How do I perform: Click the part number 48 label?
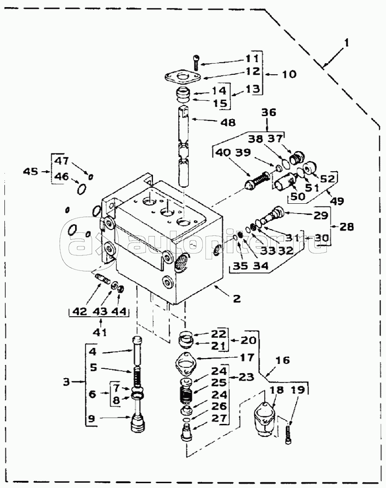tap(228, 122)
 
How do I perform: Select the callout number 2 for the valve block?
tap(237, 298)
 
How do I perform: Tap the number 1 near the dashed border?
tap(346, 42)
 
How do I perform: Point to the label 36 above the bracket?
tap(269, 112)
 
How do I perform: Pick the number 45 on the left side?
tap(31, 171)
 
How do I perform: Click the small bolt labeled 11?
tap(196, 62)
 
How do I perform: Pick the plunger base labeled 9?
tap(137, 422)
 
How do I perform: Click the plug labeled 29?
tap(272, 215)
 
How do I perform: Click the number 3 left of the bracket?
tap(66, 382)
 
